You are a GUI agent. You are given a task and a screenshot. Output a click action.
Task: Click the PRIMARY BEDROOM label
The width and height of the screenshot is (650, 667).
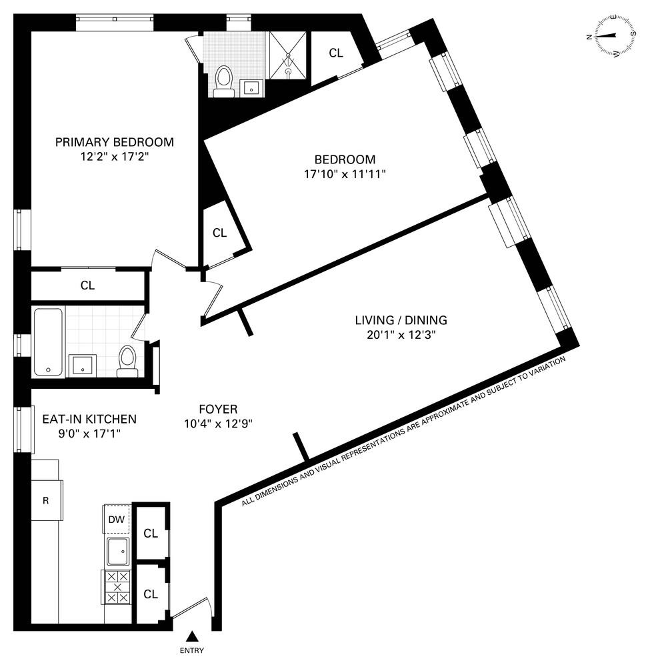click(114, 142)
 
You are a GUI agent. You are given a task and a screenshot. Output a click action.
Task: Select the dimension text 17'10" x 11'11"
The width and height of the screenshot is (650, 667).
click(345, 174)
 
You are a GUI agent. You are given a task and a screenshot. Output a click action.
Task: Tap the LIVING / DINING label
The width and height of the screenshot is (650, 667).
click(401, 320)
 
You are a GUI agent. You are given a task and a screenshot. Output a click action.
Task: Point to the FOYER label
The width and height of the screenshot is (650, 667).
click(217, 409)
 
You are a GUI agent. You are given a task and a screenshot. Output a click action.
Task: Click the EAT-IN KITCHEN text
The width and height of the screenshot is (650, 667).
click(89, 420)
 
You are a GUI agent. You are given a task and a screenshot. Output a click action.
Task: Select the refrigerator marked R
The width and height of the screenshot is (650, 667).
click(47, 500)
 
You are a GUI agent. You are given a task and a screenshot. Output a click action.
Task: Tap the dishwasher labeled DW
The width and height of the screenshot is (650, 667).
click(116, 519)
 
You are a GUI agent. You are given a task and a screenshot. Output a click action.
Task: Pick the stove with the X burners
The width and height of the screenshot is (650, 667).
click(117, 588)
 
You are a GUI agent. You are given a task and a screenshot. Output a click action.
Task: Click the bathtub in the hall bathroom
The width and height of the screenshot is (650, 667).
click(48, 341)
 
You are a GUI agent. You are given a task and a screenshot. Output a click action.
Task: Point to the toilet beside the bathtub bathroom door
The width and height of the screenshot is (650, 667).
click(127, 361)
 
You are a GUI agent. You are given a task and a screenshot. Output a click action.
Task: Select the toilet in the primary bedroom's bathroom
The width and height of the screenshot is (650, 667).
click(223, 81)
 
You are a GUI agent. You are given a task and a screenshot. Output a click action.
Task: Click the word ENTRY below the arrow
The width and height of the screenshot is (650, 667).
click(192, 651)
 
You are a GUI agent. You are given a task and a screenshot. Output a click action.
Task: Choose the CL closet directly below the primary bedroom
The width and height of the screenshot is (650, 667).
click(87, 285)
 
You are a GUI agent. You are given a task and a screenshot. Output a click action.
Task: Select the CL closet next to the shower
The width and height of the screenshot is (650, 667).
click(335, 53)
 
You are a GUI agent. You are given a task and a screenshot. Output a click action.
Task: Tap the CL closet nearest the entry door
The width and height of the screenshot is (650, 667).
click(151, 594)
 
